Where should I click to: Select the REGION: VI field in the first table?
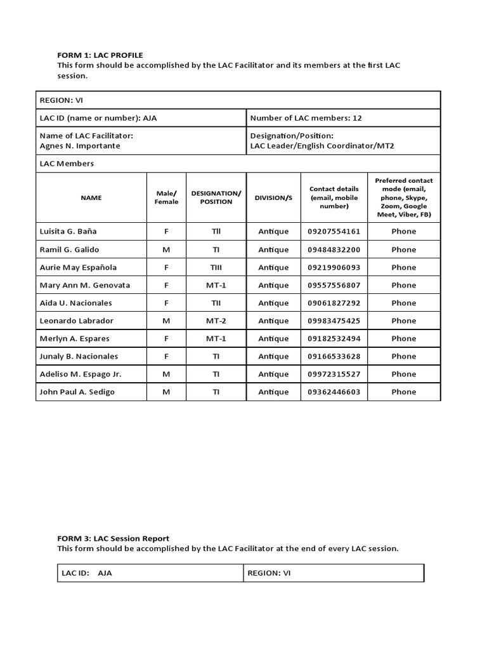[x=61, y=100]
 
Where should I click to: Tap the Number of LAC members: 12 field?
[x=306, y=118]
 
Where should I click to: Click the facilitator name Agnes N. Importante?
[x=80, y=145]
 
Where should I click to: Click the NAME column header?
[x=91, y=197]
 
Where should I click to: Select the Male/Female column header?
[x=166, y=197]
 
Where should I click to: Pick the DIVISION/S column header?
[x=273, y=197]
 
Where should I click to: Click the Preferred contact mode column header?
[x=404, y=197]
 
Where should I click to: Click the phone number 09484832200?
[x=334, y=249]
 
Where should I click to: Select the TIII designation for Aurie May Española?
[x=216, y=267]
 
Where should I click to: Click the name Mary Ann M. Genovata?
[x=85, y=285]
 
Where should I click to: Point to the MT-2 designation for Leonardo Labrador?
[x=216, y=321]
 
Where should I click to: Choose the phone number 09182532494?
[x=334, y=338]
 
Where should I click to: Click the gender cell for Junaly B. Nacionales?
[x=166, y=356]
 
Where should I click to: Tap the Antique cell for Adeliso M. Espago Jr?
[x=273, y=374]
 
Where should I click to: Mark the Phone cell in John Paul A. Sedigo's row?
[x=404, y=392]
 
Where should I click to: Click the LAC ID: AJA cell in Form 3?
[x=87, y=573]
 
